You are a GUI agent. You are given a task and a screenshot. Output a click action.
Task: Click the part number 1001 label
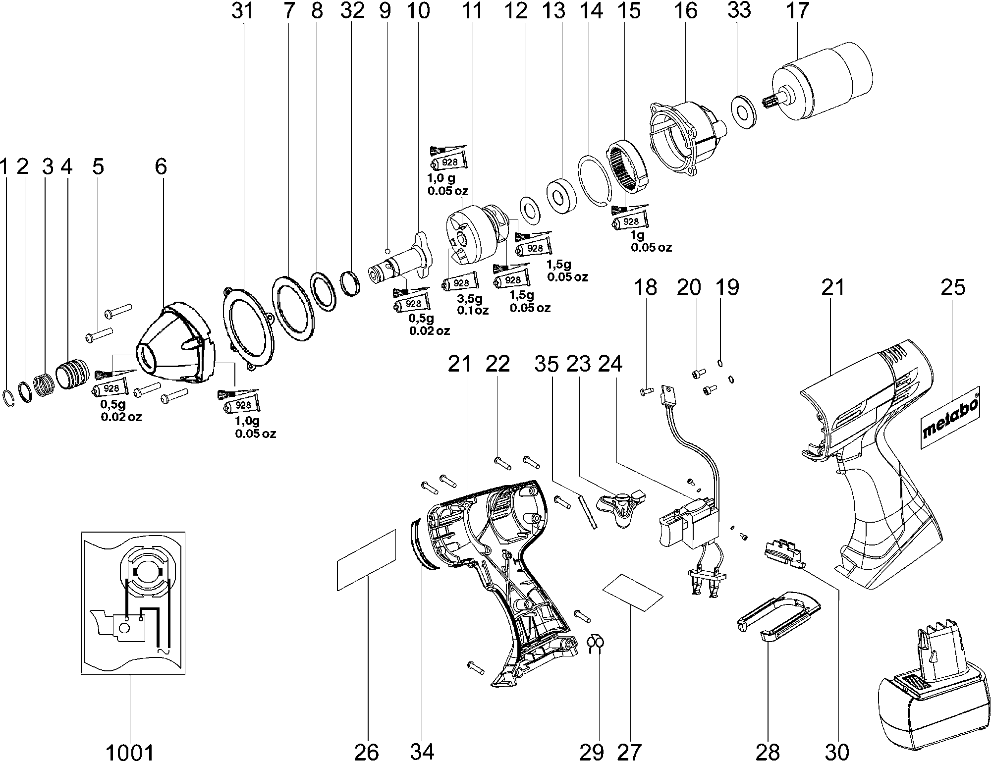coord(130,751)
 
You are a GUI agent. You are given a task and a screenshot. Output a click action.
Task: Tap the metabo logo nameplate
coord(951,418)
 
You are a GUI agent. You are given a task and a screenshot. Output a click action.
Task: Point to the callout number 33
coord(739,10)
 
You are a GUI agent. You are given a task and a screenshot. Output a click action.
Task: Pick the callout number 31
coord(243,10)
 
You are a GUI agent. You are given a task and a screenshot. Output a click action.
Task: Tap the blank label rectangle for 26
coord(367,560)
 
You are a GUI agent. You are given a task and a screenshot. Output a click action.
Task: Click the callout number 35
coord(546,364)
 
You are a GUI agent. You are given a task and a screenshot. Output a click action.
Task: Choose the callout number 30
coord(838,751)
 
